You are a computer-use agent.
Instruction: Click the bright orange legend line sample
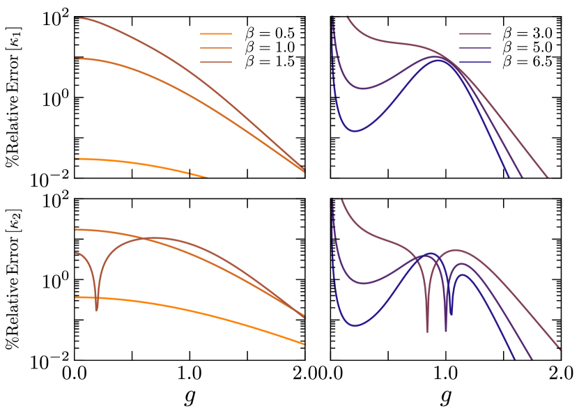click(215, 33)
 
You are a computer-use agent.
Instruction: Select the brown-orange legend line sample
click(215, 63)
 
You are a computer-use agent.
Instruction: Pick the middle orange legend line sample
click(215, 48)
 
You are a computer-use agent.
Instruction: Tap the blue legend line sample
click(474, 63)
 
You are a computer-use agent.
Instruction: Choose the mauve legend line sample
click(474, 33)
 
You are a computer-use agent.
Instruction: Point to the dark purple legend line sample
click(474, 48)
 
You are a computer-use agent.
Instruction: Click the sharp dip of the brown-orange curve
click(96, 309)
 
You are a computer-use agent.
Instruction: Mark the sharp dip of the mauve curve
click(428, 331)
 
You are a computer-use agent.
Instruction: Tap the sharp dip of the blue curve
click(451, 313)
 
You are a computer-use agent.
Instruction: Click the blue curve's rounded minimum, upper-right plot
click(355, 131)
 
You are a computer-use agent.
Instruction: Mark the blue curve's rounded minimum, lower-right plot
click(355, 325)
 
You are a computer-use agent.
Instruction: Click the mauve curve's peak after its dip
click(456, 249)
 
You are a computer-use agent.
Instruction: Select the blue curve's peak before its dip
click(431, 253)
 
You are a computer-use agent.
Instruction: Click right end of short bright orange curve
click(208, 177)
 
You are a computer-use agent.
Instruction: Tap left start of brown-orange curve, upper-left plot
click(75, 18)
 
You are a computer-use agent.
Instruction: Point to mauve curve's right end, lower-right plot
click(559, 349)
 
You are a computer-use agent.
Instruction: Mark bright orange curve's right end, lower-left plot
click(304, 344)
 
